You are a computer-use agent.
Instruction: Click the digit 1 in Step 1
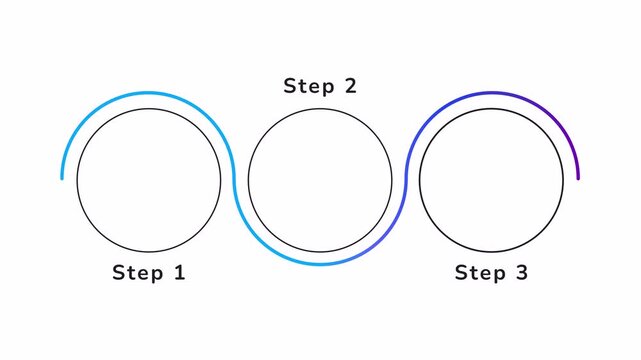[180, 272]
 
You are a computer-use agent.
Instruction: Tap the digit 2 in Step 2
[350, 86]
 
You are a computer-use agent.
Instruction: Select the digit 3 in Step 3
[521, 272]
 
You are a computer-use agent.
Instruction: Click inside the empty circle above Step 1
[149, 180]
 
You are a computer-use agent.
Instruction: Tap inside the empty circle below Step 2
[320, 180]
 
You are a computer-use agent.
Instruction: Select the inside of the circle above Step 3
[491, 180]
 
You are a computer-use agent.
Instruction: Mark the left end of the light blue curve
[62, 178]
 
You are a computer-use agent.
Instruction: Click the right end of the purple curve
[578, 178]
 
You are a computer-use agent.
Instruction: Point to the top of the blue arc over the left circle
[149, 93]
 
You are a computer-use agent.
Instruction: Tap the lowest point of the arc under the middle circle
[320, 265]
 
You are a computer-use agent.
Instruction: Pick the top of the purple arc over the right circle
[491, 93]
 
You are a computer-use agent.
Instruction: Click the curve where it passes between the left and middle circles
[235, 180]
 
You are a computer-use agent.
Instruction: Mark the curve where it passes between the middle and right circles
[405, 180]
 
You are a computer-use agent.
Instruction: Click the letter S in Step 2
[290, 86]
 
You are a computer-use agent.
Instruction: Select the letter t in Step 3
[472, 272]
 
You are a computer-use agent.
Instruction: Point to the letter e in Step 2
[314, 87]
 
